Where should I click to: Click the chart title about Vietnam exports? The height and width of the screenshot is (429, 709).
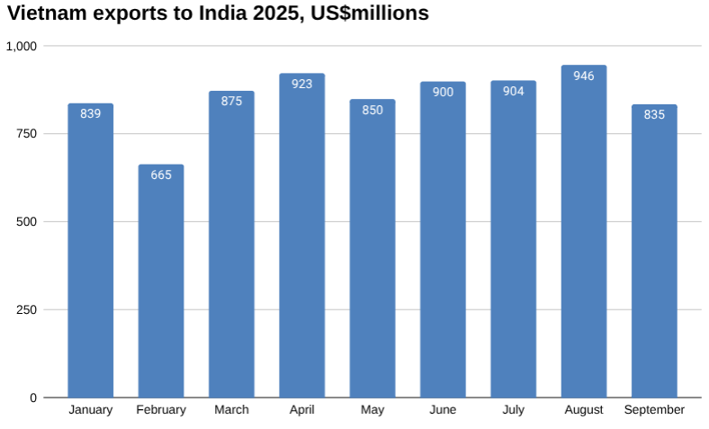pos(217,14)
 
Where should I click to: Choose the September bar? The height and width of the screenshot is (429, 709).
pos(654,251)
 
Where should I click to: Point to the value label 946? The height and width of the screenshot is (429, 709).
pos(584,76)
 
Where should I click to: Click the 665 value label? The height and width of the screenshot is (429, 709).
pos(161,175)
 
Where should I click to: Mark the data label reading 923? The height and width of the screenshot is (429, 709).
pos(302,84)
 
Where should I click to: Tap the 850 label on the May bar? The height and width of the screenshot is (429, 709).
pos(372,111)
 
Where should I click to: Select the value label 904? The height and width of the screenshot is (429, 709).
pos(514,92)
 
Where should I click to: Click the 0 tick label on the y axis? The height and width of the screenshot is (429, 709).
pos(33,398)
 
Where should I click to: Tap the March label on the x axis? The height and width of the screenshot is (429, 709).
pos(232,410)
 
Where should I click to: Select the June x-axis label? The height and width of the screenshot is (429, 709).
pos(443,410)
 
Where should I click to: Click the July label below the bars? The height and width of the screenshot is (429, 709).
pos(514,410)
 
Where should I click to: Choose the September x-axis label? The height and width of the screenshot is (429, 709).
pos(654,410)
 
